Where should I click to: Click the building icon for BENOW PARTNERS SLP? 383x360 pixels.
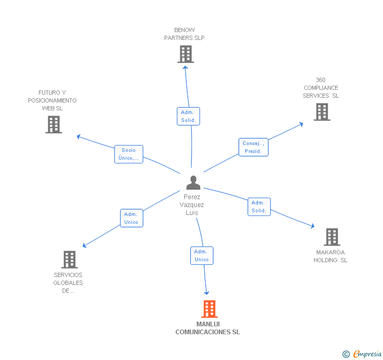pyautogui.click(x=185, y=54)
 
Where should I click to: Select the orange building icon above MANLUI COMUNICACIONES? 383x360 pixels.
pyautogui.click(x=209, y=309)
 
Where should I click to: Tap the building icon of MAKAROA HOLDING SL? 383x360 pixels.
pyautogui.click(x=331, y=237)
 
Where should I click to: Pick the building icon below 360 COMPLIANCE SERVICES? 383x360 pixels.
pyautogui.click(x=321, y=112)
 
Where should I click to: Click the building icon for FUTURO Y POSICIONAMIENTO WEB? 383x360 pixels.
pyautogui.click(x=53, y=125)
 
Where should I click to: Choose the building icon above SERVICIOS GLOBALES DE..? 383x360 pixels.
pyautogui.click(x=69, y=260)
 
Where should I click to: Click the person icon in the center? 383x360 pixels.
pyautogui.click(x=193, y=183)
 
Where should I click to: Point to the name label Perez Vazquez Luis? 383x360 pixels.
pyautogui.click(x=191, y=205)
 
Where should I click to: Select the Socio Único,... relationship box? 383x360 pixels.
pyautogui.click(x=129, y=154)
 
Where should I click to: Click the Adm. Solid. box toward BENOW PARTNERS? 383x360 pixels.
pyautogui.click(x=188, y=116)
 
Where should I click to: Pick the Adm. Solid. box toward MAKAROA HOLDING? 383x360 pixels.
pyautogui.click(x=259, y=207)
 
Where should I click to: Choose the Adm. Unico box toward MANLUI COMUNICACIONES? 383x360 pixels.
pyautogui.click(x=201, y=255)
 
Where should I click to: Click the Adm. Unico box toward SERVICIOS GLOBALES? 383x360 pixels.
pyautogui.click(x=131, y=218)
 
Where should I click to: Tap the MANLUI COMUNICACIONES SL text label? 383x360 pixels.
pyautogui.click(x=207, y=328)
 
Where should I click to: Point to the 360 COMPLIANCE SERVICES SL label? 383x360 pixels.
pyautogui.click(x=320, y=88)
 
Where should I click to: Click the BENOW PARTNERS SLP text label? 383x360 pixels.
pyautogui.click(x=184, y=34)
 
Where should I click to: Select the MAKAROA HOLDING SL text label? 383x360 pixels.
pyautogui.click(x=330, y=256)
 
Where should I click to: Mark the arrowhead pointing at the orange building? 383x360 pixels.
pyautogui.click(x=207, y=292)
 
